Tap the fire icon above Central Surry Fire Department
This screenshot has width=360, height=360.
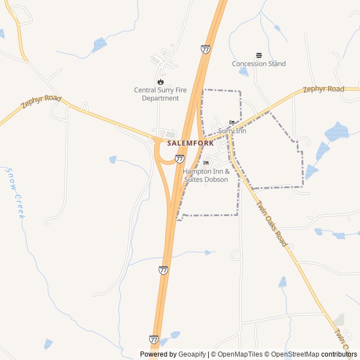point(160,82)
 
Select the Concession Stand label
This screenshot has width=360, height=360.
point(259,64)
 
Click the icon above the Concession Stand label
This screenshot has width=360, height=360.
point(259,55)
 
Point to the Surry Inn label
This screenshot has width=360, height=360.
point(232,131)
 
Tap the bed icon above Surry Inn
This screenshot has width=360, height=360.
point(232,123)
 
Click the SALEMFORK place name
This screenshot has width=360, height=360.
point(190,143)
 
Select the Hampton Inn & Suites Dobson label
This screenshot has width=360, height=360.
point(206,175)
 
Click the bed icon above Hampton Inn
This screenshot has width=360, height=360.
point(206,163)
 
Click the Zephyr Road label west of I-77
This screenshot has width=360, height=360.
point(41,102)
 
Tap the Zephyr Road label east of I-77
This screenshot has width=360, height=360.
point(323,89)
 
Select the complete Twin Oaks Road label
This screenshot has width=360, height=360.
point(272,224)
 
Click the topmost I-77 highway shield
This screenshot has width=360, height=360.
point(205,49)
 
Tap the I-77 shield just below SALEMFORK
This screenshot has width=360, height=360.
point(179,159)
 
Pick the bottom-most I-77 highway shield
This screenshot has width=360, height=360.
point(154,339)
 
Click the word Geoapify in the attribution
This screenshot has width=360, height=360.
point(192,354)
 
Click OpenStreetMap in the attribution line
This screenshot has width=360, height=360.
point(295,354)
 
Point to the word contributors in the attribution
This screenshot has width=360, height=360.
point(339,354)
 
